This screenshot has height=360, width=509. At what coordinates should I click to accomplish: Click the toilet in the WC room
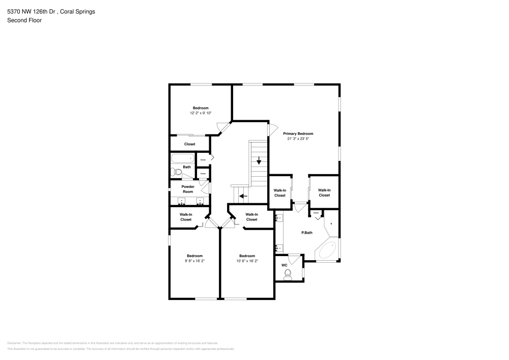(x=288, y=275)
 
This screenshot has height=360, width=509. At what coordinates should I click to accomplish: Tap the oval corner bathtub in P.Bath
(x=326, y=251)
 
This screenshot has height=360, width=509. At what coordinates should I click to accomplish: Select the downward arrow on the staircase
(x=259, y=161)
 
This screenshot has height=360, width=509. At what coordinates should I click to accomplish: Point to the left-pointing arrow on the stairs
(x=243, y=196)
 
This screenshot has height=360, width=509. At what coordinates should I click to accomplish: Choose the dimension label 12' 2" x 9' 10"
(x=200, y=113)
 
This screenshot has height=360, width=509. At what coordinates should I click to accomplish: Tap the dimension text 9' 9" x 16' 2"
(x=194, y=261)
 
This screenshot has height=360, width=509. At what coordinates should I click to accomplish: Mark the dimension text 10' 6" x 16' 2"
(x=247, y=261)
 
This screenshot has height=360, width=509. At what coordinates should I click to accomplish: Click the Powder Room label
(x=188, y=189)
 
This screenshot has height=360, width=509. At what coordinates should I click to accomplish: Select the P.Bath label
(x=306, y=233)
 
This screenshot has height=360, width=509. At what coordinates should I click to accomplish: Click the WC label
(x=285, y=265)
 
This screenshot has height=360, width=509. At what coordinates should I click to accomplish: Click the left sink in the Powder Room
(x=182, y=202)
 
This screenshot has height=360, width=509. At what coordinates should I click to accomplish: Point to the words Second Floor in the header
(x=24, y=20)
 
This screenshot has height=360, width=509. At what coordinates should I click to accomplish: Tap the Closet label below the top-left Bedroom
(x=189, y=144)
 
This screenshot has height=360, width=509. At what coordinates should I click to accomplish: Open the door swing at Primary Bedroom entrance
(x=272, y=130)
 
